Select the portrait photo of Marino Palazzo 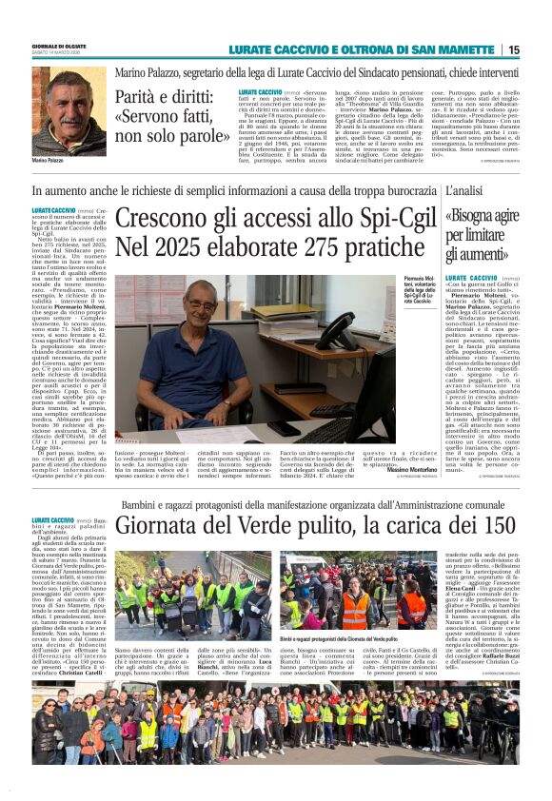pos(69,109)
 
